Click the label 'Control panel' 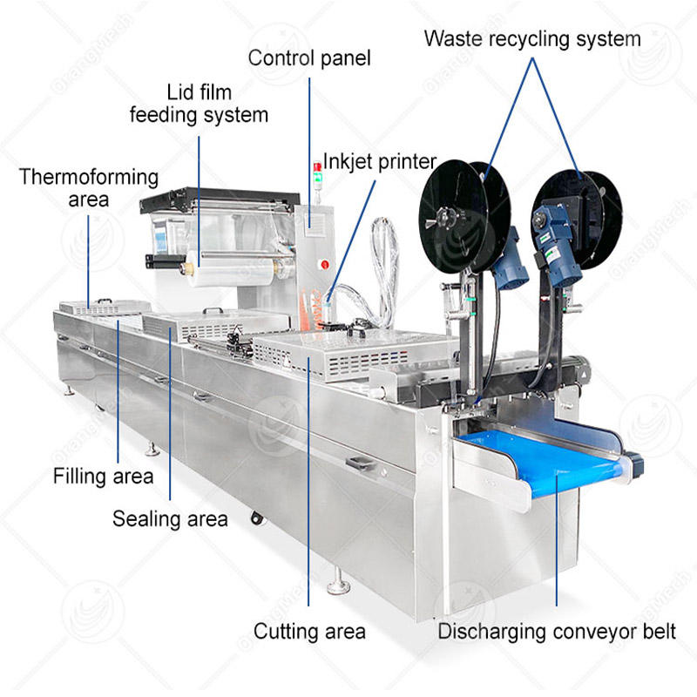click(x=309, y=58)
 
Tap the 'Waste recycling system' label click(x=532, y=38)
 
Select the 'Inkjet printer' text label click(x=379, y=162)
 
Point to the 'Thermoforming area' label click(x=89, y=188)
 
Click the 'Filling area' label click(x=103, y=477)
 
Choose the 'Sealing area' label click(x=170, y=519)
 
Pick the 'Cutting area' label click(x=309, y=630)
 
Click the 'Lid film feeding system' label click(x=199, y=103)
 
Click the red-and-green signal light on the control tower click(x=316, y=167)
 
